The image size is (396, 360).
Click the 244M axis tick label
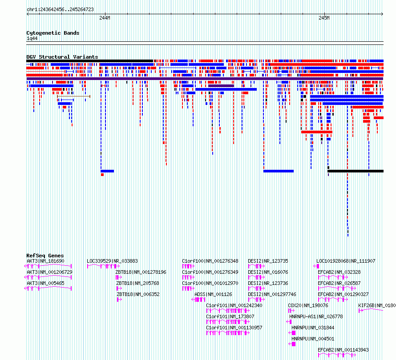(105, 18)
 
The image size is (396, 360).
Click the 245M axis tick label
(324, 18)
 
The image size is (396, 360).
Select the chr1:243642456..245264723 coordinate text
(60, 10)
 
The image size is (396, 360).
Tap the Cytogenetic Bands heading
(53, 33)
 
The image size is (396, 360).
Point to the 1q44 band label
(32, 38)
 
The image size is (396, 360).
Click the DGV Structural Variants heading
(62, 57)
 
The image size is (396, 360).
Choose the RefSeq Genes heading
(45, 256)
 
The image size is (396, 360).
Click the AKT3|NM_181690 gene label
(45, 261)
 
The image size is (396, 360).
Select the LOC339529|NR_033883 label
(112, 261)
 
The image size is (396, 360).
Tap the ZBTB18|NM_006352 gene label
(138, 294)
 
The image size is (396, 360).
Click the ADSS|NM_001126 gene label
(213, 294)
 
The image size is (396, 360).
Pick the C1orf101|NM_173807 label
(230, 316)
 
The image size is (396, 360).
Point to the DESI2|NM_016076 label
(268, 272)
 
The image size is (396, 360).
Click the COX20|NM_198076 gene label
(308, 305)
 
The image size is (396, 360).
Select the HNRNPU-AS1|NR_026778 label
(316, 316)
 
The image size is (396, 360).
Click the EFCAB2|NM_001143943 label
(343, 350)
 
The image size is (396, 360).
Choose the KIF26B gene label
(377, 305)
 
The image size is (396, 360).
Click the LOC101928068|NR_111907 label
(346, 261)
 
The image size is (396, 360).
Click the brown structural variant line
(74, 96)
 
